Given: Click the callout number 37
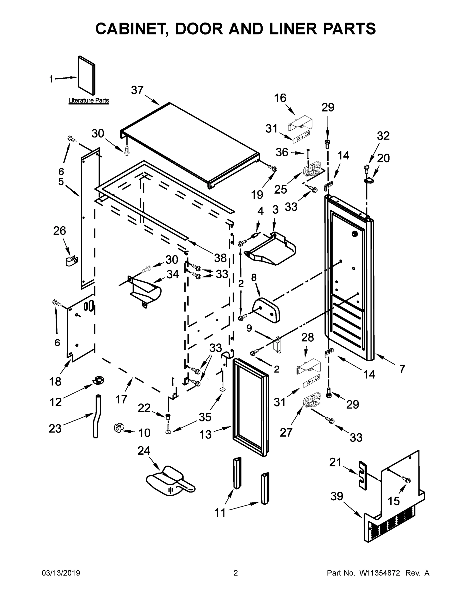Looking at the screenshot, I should [x=137, y=90].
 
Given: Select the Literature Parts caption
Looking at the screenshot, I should [x=89, y=100].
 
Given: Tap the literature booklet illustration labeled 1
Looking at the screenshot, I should [x=86, y=75].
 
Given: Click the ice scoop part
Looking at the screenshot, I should [x=170, y=484].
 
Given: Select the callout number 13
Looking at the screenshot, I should [x=206, y=434].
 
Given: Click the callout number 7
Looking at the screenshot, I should [x=402, y=369].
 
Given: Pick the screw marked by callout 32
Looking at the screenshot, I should [x=366, y=167].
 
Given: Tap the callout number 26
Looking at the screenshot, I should [x=60, y=231].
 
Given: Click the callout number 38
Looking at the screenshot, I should [x=220, y=258].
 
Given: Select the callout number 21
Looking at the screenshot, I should [x=335, y=462].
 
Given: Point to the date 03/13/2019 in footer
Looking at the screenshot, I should [x=61, y=573].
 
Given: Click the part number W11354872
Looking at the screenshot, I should [x=380, y=573].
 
